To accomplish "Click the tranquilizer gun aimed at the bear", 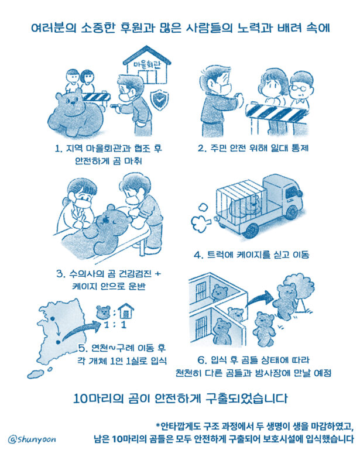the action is (117, 106).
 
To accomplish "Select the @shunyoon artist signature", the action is (32, 439).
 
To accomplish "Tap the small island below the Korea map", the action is (35, 374).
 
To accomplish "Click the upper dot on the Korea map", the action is (53, 318).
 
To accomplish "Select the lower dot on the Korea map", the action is (59, 342).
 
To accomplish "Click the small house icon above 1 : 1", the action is (126, 311).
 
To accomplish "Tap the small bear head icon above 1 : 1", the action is (104, 312).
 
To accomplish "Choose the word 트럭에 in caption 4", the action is (220, 255).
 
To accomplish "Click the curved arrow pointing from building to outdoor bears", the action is (259, 299).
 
